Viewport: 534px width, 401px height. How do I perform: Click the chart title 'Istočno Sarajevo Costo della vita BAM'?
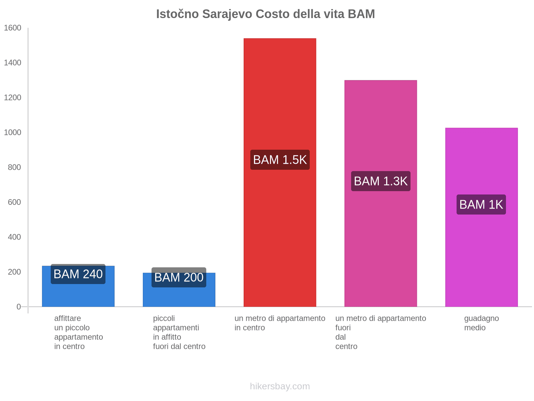coord(265,14)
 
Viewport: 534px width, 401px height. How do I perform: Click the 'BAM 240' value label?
coord(78,274)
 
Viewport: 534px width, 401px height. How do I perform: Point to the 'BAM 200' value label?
coord(179,277)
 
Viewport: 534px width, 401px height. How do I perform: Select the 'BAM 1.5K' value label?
coord(280,160)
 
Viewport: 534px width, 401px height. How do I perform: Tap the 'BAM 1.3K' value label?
coord(380,181)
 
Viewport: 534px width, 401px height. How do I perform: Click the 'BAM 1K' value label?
coord(481,205)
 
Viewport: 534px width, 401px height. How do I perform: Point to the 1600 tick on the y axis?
coord(13,28)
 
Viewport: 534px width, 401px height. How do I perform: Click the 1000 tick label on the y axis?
coord(13,133)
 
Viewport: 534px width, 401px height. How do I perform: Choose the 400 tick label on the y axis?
coord(14,237)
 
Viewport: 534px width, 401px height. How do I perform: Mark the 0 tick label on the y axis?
coord(19,307)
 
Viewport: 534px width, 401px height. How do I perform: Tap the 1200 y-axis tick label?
coord(13,98)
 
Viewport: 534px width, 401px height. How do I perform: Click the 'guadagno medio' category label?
coord(481,323)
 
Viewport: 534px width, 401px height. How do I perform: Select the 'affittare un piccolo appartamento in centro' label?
coord(78,332)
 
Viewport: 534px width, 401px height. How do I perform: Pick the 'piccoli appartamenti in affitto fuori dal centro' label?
coord(179,332)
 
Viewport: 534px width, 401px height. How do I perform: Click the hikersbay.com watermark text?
coord(280,386)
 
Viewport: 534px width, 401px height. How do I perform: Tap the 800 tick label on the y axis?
coord(14,167)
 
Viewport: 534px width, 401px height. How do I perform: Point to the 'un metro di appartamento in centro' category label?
coord(280,323)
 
